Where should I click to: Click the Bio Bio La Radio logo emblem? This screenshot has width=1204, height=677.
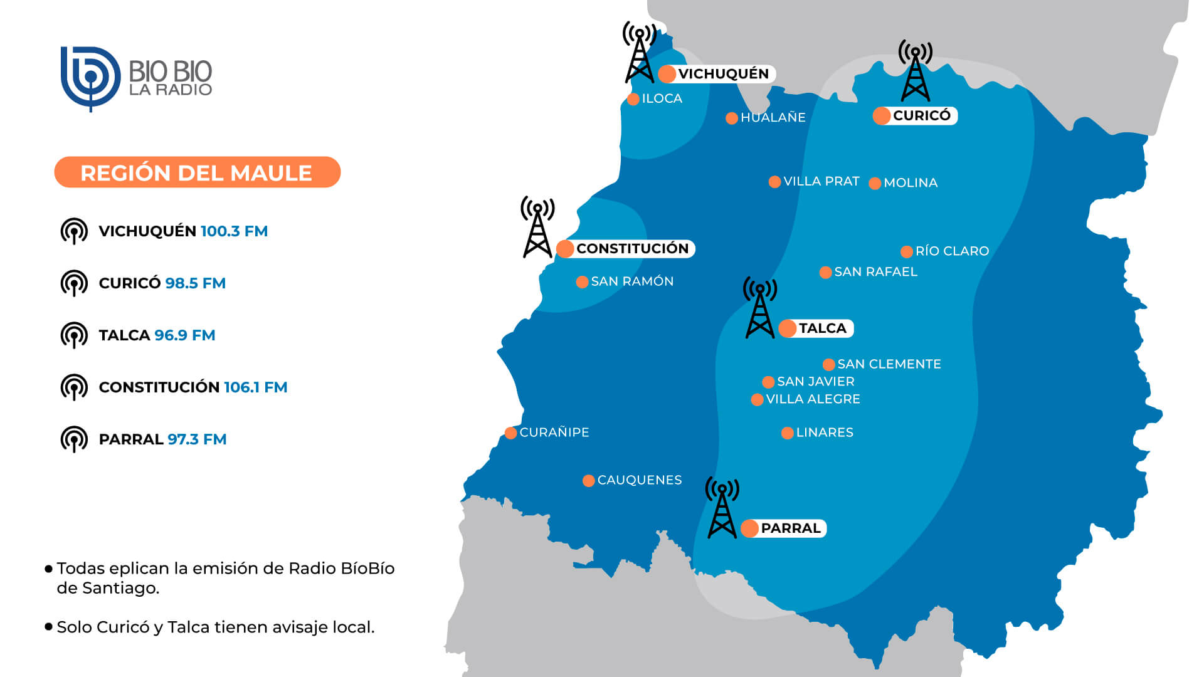point(90,78)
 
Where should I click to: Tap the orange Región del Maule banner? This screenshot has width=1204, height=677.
point(197,172)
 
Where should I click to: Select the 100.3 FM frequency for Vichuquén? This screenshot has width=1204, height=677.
point(234,231)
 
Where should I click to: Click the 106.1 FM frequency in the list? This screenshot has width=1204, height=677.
point(255,387)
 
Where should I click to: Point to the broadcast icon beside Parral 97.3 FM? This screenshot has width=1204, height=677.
point(74,439)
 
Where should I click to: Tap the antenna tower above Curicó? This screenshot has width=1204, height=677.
point(915,71)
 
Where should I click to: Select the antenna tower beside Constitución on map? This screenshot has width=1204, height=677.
point(537,228)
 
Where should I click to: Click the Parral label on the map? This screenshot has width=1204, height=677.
point(790,528)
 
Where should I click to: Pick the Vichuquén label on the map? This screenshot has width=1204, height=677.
point(723,74)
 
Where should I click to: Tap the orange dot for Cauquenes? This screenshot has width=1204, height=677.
point(588,481)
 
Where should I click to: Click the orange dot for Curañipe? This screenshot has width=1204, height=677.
point(510,433)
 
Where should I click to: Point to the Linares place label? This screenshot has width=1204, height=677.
point(824,433)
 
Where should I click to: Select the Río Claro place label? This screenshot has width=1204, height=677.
point(952,251)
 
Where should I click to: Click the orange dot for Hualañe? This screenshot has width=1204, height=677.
point(731,118)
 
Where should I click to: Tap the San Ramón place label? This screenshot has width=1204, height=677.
point(631,281)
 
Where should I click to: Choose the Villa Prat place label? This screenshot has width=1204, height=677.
point(821,182)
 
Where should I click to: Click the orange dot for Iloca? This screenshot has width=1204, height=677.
point(633,99)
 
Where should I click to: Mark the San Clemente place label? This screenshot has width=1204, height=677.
point(889,364)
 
